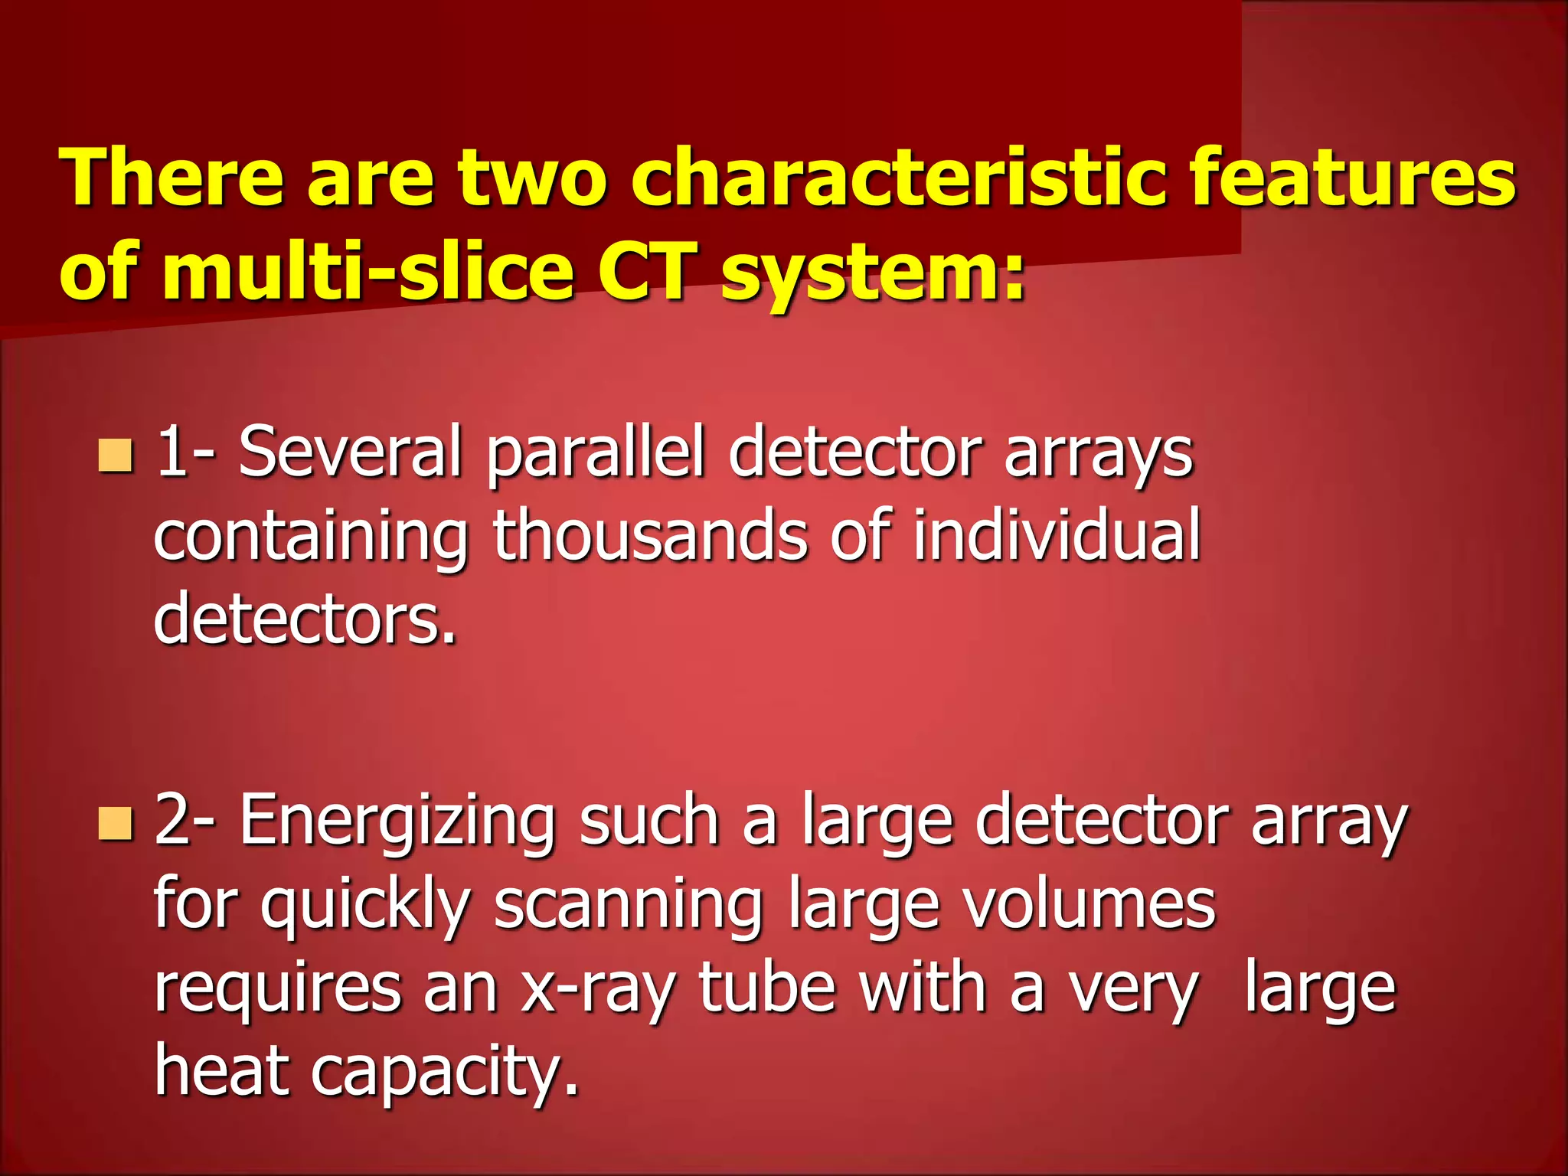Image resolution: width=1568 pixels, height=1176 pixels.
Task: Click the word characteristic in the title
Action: (899, 178)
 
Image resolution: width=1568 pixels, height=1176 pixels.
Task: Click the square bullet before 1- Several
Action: (116, 456)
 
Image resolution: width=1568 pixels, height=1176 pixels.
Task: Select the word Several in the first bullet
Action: (351, 453)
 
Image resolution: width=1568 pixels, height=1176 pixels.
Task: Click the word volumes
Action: (1089, 905)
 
